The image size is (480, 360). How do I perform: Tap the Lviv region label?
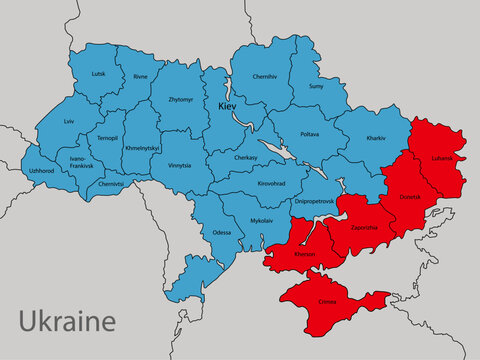point(69,121)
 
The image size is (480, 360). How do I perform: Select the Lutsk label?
point(97,74)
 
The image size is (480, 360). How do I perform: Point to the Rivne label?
point(140,76)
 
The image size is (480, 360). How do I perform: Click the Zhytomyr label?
point(181,99)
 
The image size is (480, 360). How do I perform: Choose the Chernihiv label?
point(265,76)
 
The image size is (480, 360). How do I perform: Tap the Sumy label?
point(315,86)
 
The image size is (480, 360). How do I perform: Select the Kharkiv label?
point(376,136)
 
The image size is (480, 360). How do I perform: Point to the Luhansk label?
point(441,158)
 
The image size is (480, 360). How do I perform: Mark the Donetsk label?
point(411,197)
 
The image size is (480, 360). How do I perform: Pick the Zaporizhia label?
point(364,227)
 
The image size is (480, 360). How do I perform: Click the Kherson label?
point(305,255)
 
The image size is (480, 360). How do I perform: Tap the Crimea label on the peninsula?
point(329,299)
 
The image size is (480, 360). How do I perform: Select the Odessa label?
point(221,232)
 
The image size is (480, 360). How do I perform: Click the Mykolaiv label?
point(261,218)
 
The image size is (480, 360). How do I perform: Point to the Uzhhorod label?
point(41,170)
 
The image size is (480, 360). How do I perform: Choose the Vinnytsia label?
point(179,164)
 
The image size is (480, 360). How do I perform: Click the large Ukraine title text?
point(67,321)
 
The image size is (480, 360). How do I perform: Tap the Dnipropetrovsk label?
point(314,201)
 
